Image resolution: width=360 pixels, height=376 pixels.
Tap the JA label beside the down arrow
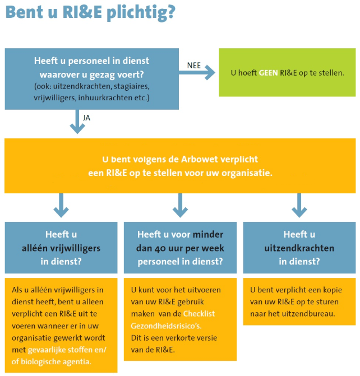86,118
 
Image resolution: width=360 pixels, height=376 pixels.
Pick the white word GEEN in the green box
269,73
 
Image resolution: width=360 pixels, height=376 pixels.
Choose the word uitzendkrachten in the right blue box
299,248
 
